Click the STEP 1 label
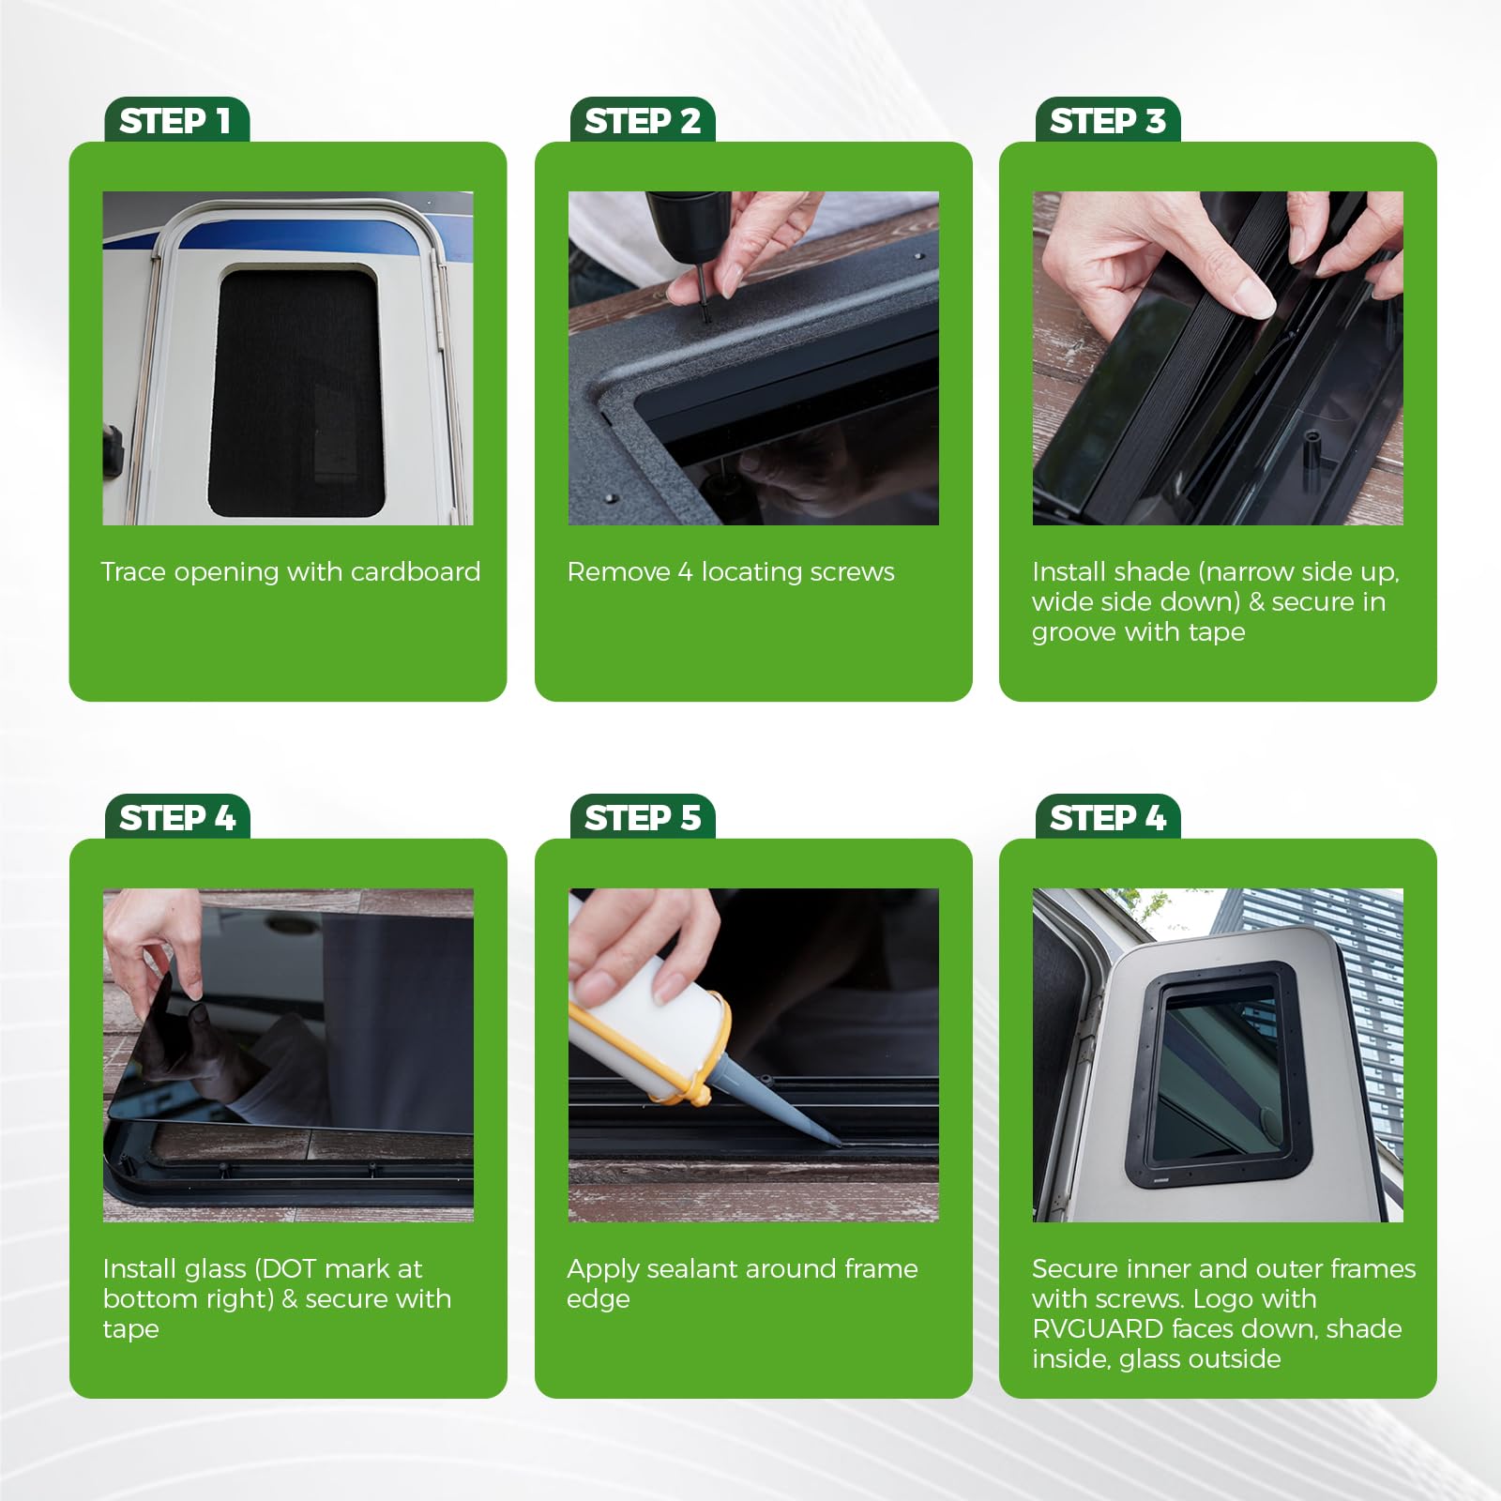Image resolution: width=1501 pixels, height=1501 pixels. coord(175,121)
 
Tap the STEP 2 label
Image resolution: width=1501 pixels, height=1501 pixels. coord(643,121)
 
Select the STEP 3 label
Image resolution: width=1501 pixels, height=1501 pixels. coord(1108,121)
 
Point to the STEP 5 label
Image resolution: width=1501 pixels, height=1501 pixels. coord(643,818)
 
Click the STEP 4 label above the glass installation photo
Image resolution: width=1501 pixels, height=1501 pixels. coord(177,818)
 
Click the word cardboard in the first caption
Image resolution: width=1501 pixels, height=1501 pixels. coord(416,571)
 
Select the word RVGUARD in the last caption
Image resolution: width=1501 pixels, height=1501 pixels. coord(1098,1328)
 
